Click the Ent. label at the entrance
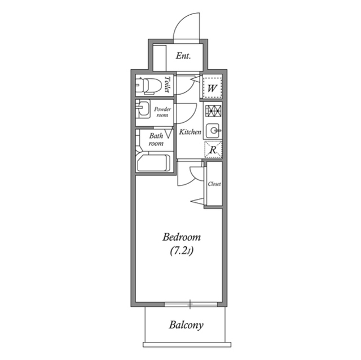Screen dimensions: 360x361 click(x=183, y=56)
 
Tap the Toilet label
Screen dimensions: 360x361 click(x=168, y=85)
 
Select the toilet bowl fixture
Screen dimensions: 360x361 click(x=147, y=86)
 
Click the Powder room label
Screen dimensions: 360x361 click(x=162, y=111)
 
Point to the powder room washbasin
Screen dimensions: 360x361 click(x=143, y=109)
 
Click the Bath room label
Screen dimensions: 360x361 click(x=156, y=140)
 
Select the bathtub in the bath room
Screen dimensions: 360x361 click(x=153, y=163)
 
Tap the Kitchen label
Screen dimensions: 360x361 click(x=190, y=132)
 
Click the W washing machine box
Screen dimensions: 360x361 click(x=212, y=87)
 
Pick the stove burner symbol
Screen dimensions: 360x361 click(x=213, y=112)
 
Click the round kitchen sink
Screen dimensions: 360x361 click(x=213, y=131)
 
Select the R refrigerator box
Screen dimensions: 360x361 click(x=213, y=150)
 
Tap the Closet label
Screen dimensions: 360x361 click(x=214, y=184)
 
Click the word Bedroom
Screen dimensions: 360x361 click(x=182, y=237)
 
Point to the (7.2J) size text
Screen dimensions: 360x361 click(x=182, y=251)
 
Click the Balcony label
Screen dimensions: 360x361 click(x=186, y=325)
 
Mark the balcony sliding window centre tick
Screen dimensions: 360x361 click(x=190, y=305)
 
